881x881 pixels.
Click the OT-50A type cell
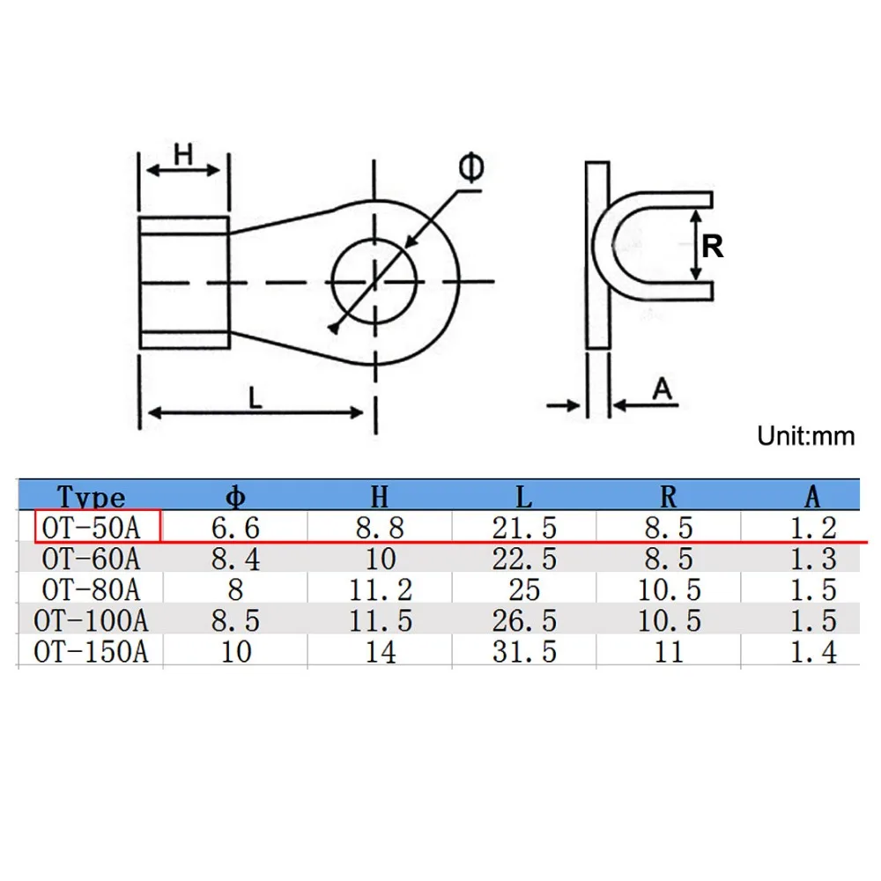(x=91, y=528)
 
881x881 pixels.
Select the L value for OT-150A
(x=524, y=652)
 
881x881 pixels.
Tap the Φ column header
(x=235, y=497)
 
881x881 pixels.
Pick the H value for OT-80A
(x=381, y=590)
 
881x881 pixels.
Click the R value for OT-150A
(x=669, y=652)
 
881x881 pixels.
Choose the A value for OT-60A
(x=813, y=559)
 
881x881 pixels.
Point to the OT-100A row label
(x=91, y=621)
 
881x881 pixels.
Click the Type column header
(x=91, y=497)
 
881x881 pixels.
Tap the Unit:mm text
(x=806, y=436)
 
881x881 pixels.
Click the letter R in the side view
(x=713, y=246)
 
